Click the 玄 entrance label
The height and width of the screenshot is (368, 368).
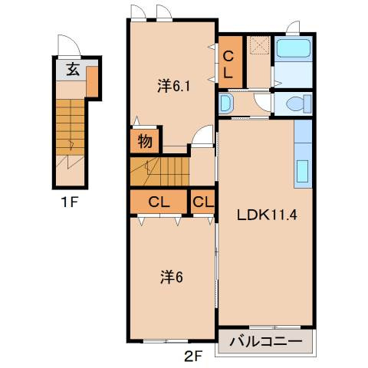(73, 70)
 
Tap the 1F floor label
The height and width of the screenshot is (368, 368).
(69, 203)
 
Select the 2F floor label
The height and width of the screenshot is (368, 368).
(194, 356)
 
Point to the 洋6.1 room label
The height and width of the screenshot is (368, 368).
(173, 87)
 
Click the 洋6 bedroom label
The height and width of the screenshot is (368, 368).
(172, 277)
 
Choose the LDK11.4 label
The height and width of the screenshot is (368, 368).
(267, 215)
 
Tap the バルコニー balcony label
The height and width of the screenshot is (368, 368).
(266, 341)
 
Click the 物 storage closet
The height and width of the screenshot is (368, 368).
(145, 141)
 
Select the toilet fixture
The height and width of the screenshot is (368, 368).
(299, 103)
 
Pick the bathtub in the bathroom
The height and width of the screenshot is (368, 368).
(293, 48)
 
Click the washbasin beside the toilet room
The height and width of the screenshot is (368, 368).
(226, 103)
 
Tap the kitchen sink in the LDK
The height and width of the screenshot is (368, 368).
(303, 171)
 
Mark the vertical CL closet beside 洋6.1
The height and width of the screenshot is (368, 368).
(230, 62)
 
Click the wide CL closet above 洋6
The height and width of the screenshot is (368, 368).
(159, 202)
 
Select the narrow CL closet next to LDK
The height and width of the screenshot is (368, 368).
(202, 202)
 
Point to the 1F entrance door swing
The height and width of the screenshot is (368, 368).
(69, 45)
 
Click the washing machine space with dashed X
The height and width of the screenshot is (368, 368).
(260, 45)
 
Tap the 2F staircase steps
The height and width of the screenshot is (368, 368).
(159, 172)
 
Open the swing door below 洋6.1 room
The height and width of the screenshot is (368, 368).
(202, 136)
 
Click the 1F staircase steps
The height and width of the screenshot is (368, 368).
(71, 127)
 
